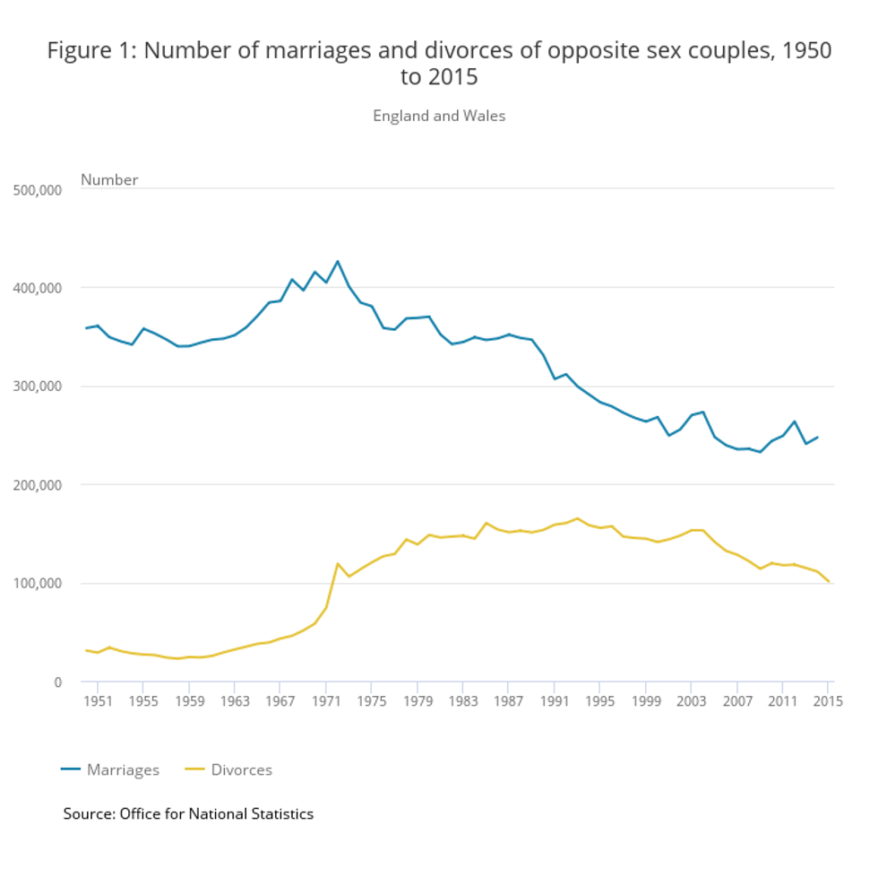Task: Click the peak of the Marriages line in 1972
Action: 338,261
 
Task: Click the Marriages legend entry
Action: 110,769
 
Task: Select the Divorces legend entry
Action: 228,769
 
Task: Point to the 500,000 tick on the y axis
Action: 38,189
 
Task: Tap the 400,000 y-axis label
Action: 38,288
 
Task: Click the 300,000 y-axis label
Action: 38,387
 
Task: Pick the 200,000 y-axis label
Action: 38,485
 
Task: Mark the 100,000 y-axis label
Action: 38,584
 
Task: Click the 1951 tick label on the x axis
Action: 98,701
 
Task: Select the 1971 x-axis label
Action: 326,701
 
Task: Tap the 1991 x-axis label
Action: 555,701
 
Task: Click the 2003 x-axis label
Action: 692,701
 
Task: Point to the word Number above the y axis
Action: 109,179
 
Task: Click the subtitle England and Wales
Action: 439,116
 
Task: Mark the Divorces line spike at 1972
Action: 338,563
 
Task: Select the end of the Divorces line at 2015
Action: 830,582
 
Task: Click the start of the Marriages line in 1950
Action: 86,328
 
